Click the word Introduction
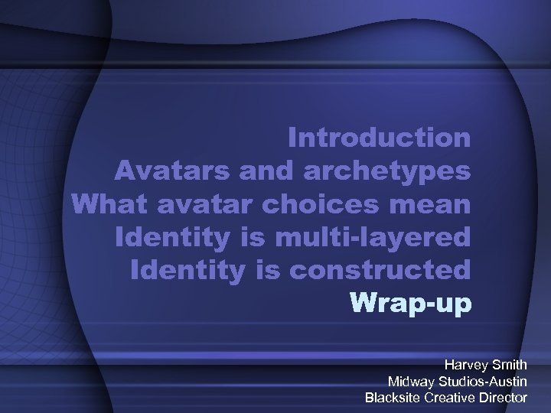(x=380, y=138)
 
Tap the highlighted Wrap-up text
(x=411, y=304)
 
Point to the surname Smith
(x=510, y=365)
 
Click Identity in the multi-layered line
(x=164, y=237)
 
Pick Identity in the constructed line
(x=181, y=270)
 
